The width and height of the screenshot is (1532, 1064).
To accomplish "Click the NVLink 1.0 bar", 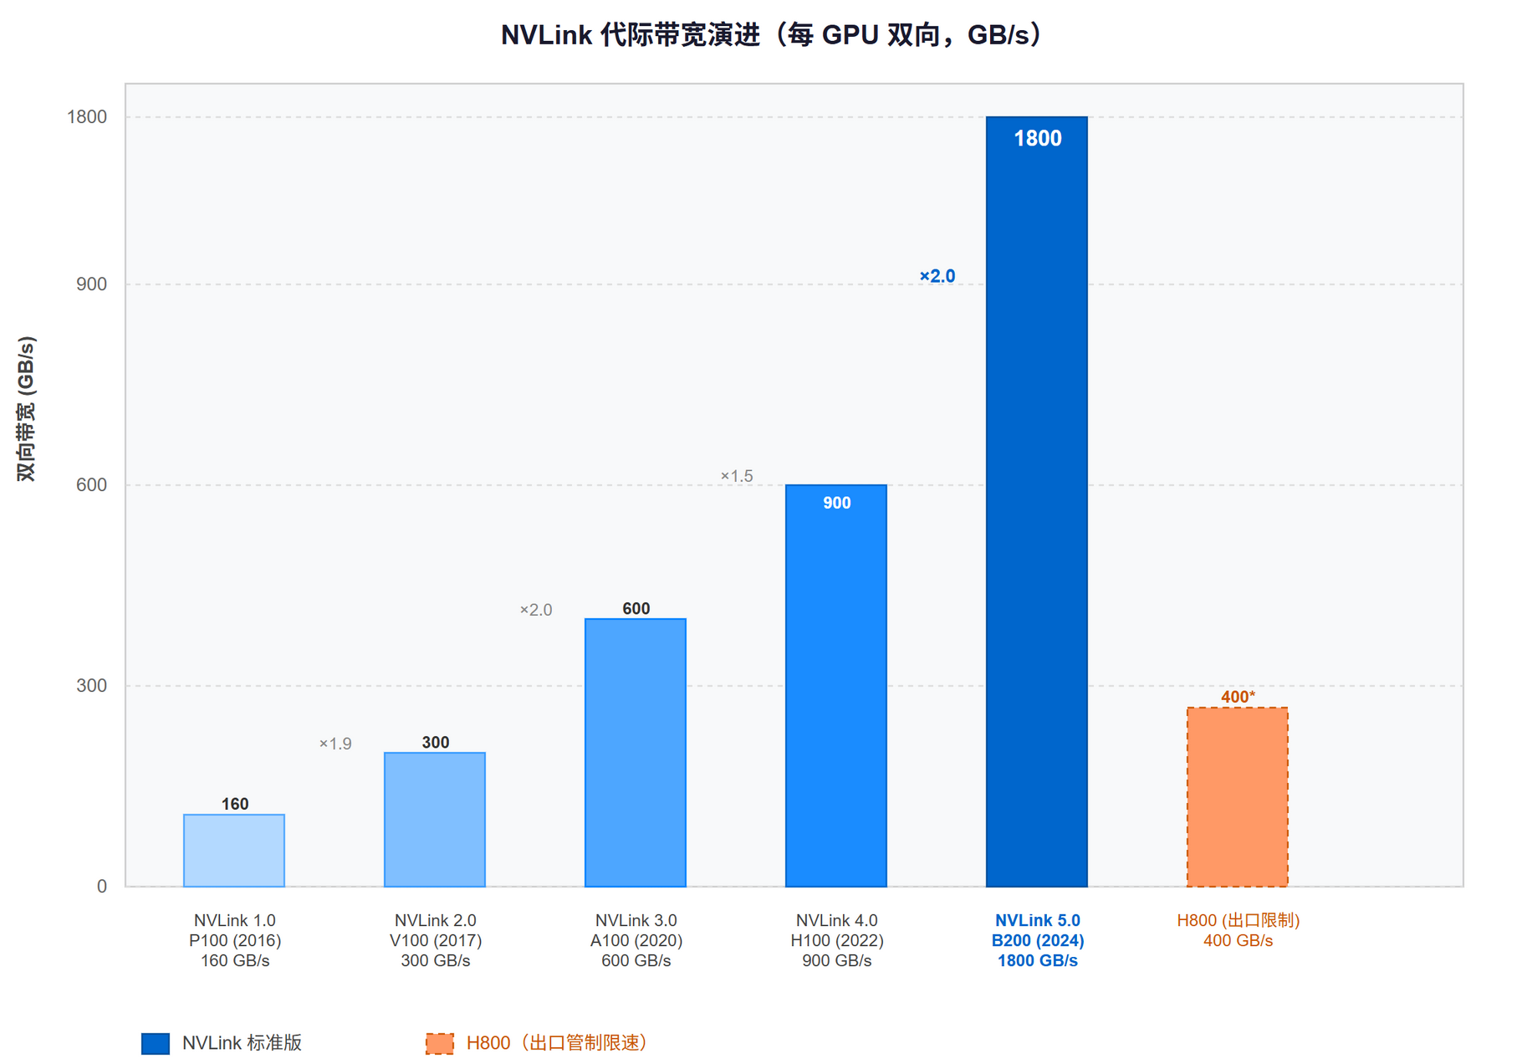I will tap(234, 850).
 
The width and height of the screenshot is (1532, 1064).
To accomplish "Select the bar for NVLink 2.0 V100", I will tap(435, 820).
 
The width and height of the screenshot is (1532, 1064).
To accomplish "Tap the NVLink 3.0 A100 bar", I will tap(636, 753).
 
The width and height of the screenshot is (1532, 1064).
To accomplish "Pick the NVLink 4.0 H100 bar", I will tap(836, 686).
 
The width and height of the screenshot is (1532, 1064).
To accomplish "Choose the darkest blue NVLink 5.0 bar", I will tap(1037, 502).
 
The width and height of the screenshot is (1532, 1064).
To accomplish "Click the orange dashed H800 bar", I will tap(1238, 797).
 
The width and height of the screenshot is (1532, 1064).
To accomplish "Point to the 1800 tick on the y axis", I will tap(87, 117).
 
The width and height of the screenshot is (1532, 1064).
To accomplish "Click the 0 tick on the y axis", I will tap(102, 887).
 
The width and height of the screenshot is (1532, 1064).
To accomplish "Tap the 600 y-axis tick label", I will tap(92, 485).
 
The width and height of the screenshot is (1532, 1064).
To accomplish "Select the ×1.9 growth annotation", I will tap(335, 744).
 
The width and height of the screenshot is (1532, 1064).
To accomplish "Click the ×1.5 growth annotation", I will tap(737, 476).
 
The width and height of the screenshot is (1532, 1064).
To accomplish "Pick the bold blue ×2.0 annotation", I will tap(937, 276).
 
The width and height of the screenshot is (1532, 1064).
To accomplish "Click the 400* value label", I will tap(1238, 697).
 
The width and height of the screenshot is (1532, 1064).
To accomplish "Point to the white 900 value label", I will tap(836, 503).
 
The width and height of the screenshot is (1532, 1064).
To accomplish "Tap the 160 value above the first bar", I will tap(235, 804).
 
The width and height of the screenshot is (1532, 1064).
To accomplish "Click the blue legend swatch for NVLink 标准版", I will tap(156, 1043).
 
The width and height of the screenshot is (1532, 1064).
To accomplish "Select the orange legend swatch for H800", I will tap(440, 1043).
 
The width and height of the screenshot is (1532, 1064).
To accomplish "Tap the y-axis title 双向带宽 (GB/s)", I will tap(27, 408).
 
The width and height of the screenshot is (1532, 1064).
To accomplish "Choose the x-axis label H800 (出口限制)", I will tap(1238, 920).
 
